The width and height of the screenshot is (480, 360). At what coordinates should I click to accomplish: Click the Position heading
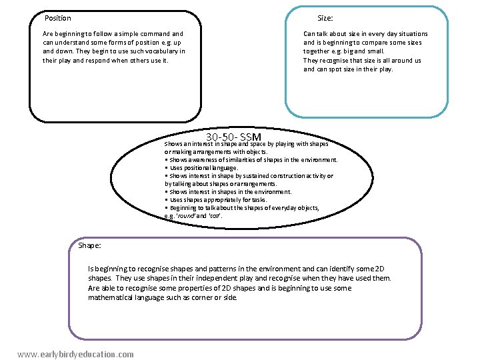[x=57, y=18]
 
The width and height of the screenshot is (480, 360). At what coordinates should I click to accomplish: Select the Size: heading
[x=325, y=18]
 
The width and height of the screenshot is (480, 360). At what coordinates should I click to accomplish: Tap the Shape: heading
[x=89, y=245]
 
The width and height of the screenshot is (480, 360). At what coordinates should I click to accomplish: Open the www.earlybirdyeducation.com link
[x=75, y=354]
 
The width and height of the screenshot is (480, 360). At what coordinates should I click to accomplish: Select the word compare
[x=385, y=43]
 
